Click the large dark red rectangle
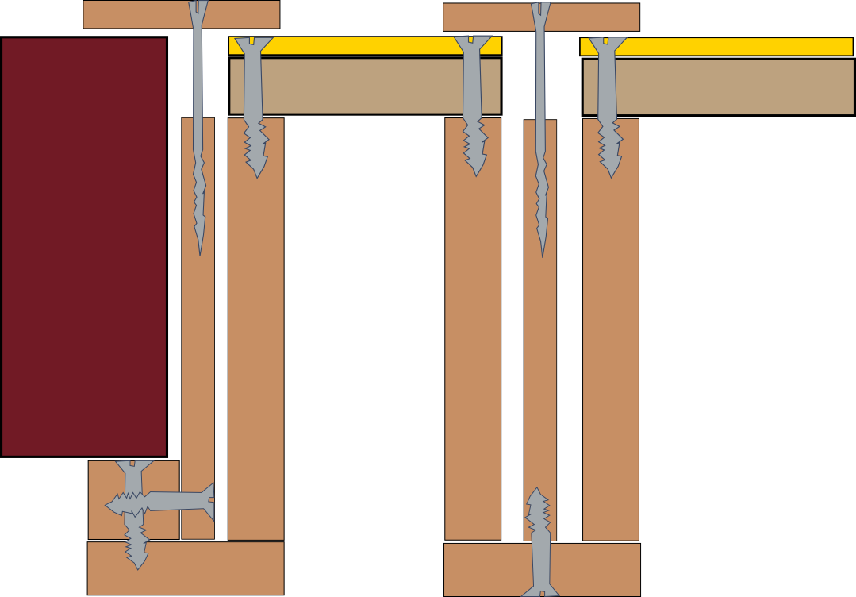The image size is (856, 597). click(84, 246)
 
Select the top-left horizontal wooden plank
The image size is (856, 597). click(135, 14)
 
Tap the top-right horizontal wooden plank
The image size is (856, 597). click(587, 17)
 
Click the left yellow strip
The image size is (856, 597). click(365, 46)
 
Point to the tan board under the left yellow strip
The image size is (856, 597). click(365, 86)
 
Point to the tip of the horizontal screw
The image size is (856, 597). click(107, 505)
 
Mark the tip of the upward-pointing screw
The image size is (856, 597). click(537, 489)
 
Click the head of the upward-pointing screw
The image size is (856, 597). click(540, 591)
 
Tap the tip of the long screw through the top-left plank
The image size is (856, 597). click(200, 254)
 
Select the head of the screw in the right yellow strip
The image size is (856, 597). click(607, 43)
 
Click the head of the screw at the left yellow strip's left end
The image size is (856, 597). click(253, 43)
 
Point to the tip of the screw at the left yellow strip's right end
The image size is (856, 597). click(476, 175)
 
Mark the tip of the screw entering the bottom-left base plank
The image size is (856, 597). click(136, 568)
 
